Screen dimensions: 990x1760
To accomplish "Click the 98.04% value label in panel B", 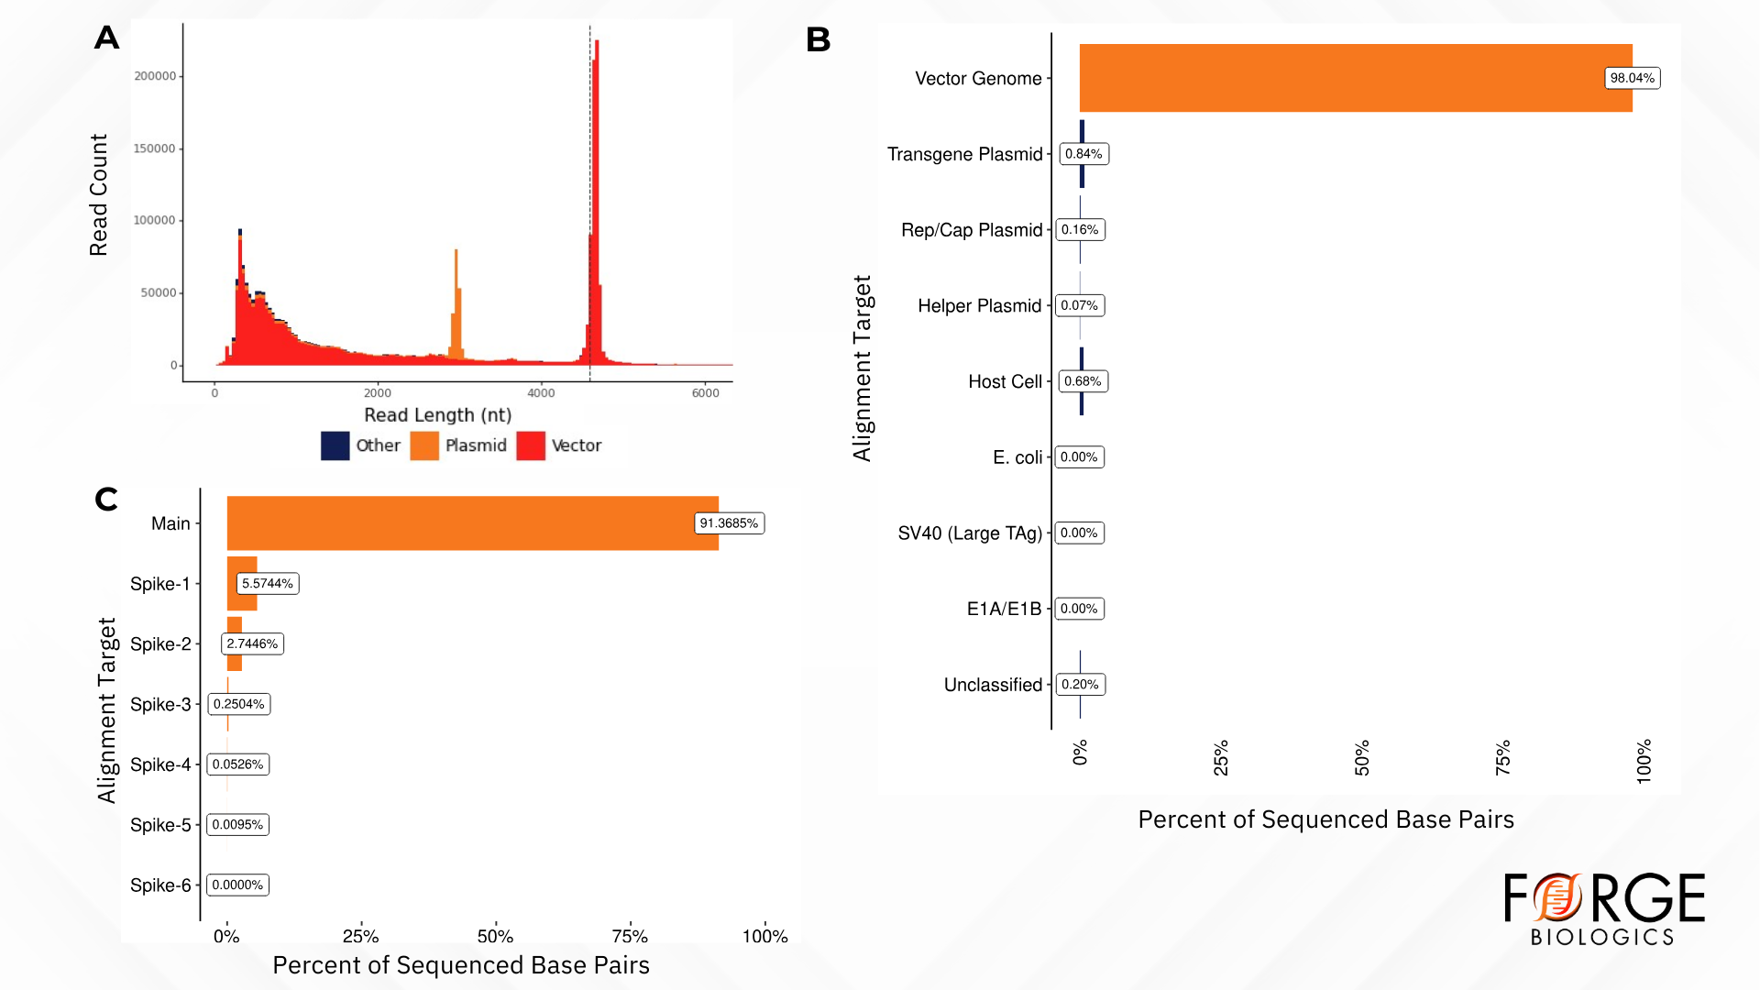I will [1632, 78].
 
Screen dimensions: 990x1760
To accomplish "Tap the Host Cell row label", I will [1005, 381].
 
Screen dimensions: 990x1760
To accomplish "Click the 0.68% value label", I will [1083, 381].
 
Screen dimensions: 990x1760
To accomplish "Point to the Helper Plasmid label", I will [979, 305].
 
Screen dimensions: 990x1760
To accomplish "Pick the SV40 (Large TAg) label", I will [970, 533].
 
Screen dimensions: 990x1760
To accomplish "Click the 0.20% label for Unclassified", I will [1080, 685].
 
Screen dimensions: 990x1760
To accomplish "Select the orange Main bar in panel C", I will [458, 523].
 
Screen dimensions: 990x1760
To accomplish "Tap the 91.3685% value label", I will [729, 523].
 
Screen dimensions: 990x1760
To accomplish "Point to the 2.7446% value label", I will [252, 643].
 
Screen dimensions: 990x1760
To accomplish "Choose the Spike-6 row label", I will [160, 885].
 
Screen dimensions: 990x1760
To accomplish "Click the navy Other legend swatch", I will [335, 445].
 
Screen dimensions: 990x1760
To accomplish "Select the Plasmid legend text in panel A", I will [476, 445].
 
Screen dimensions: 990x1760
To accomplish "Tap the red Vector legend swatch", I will [531, 445].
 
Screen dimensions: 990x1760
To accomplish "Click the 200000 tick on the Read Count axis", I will [155, 76].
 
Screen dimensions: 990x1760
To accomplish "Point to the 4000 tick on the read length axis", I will [541, 393].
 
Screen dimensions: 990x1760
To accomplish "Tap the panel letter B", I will [818, 39].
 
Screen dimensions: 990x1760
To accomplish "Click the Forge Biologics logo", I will [1604, 907].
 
